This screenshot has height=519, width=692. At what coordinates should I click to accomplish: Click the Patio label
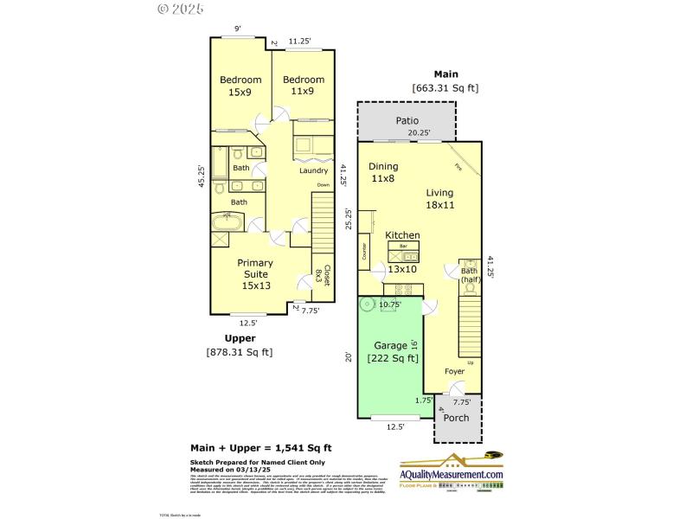pos(407,121)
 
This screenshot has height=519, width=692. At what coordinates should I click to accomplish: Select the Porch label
pos(456,418)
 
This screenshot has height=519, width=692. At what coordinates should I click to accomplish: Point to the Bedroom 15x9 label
pos(240,86)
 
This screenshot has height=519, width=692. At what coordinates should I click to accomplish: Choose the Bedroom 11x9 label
pos(304,86)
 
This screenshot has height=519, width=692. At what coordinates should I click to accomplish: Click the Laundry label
pos(313,170)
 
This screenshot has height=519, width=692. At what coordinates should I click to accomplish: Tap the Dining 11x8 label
pos(383,172)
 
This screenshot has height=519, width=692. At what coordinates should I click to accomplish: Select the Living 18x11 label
pos(439,199)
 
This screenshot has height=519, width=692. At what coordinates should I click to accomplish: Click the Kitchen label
pos(402,235)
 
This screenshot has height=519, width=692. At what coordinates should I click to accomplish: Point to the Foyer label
pos(455,372)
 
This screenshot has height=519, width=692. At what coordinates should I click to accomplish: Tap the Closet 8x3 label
pos(326,277)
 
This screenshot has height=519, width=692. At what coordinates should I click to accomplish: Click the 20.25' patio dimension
pos(419,133)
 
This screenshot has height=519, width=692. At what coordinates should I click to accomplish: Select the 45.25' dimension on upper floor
pos(201,176)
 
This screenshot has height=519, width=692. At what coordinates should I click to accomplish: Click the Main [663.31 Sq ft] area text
pos(445,80)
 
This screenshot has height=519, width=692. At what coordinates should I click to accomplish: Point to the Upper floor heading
pos(240,338)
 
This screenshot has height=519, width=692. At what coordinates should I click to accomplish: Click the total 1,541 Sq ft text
pos(260,448)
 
